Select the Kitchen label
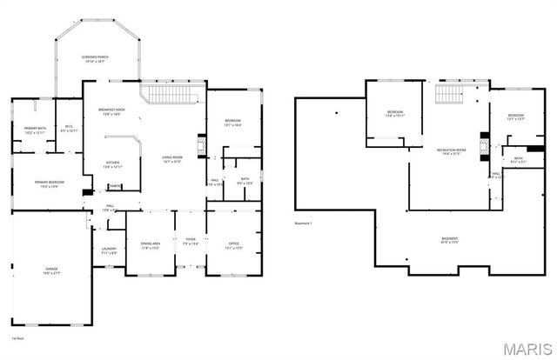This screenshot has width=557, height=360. [x=113, y=164]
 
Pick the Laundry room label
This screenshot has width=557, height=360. [x=109, y=250]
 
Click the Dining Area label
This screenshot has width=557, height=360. [x=150, y=244]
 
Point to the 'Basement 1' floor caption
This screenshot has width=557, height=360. [x=304, y=223]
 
